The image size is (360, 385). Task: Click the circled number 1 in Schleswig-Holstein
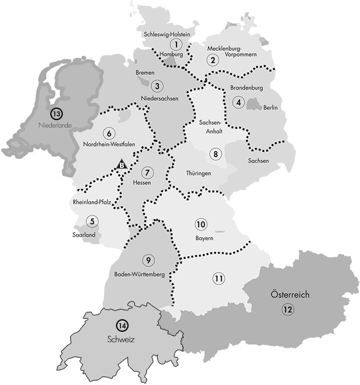click(x=177, y=44)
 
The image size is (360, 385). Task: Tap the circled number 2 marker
click(x=213, y=60)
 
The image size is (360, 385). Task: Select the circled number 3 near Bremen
click(x=157, y=86)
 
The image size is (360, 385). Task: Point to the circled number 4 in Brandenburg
click(x=239, y=103)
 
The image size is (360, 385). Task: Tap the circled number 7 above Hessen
click(x=147, y=172)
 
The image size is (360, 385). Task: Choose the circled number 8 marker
click(x=215, y=154)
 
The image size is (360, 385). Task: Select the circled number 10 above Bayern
click(x=201, y=224)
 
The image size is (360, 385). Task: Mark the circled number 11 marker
click(x=218, y=279)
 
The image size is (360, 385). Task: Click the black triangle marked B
click(x=121, y=165)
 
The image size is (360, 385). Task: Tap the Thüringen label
click(x=199, y=172)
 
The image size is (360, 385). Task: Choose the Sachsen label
click(x=258, y=161)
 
